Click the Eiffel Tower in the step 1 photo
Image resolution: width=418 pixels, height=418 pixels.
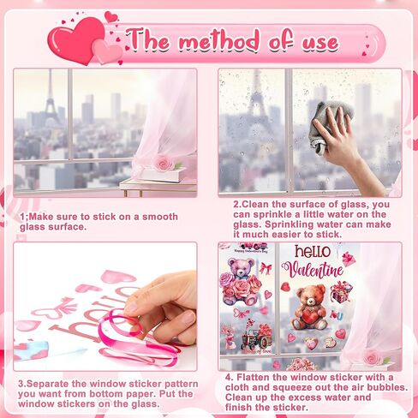[51, 96]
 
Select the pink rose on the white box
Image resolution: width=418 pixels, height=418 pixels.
[164, 164]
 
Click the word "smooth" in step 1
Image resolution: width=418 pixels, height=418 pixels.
[160, 217]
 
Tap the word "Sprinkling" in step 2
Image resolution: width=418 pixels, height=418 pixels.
[289, 224]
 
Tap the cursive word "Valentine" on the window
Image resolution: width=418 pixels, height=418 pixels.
[313, 270]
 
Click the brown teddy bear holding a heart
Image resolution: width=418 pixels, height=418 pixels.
[310, 308]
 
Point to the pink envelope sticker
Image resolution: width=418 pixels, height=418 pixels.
[349, 259]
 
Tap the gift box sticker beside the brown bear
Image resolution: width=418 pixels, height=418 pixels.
[342, 292]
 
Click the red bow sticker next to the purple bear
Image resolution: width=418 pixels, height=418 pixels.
[266, 268]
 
